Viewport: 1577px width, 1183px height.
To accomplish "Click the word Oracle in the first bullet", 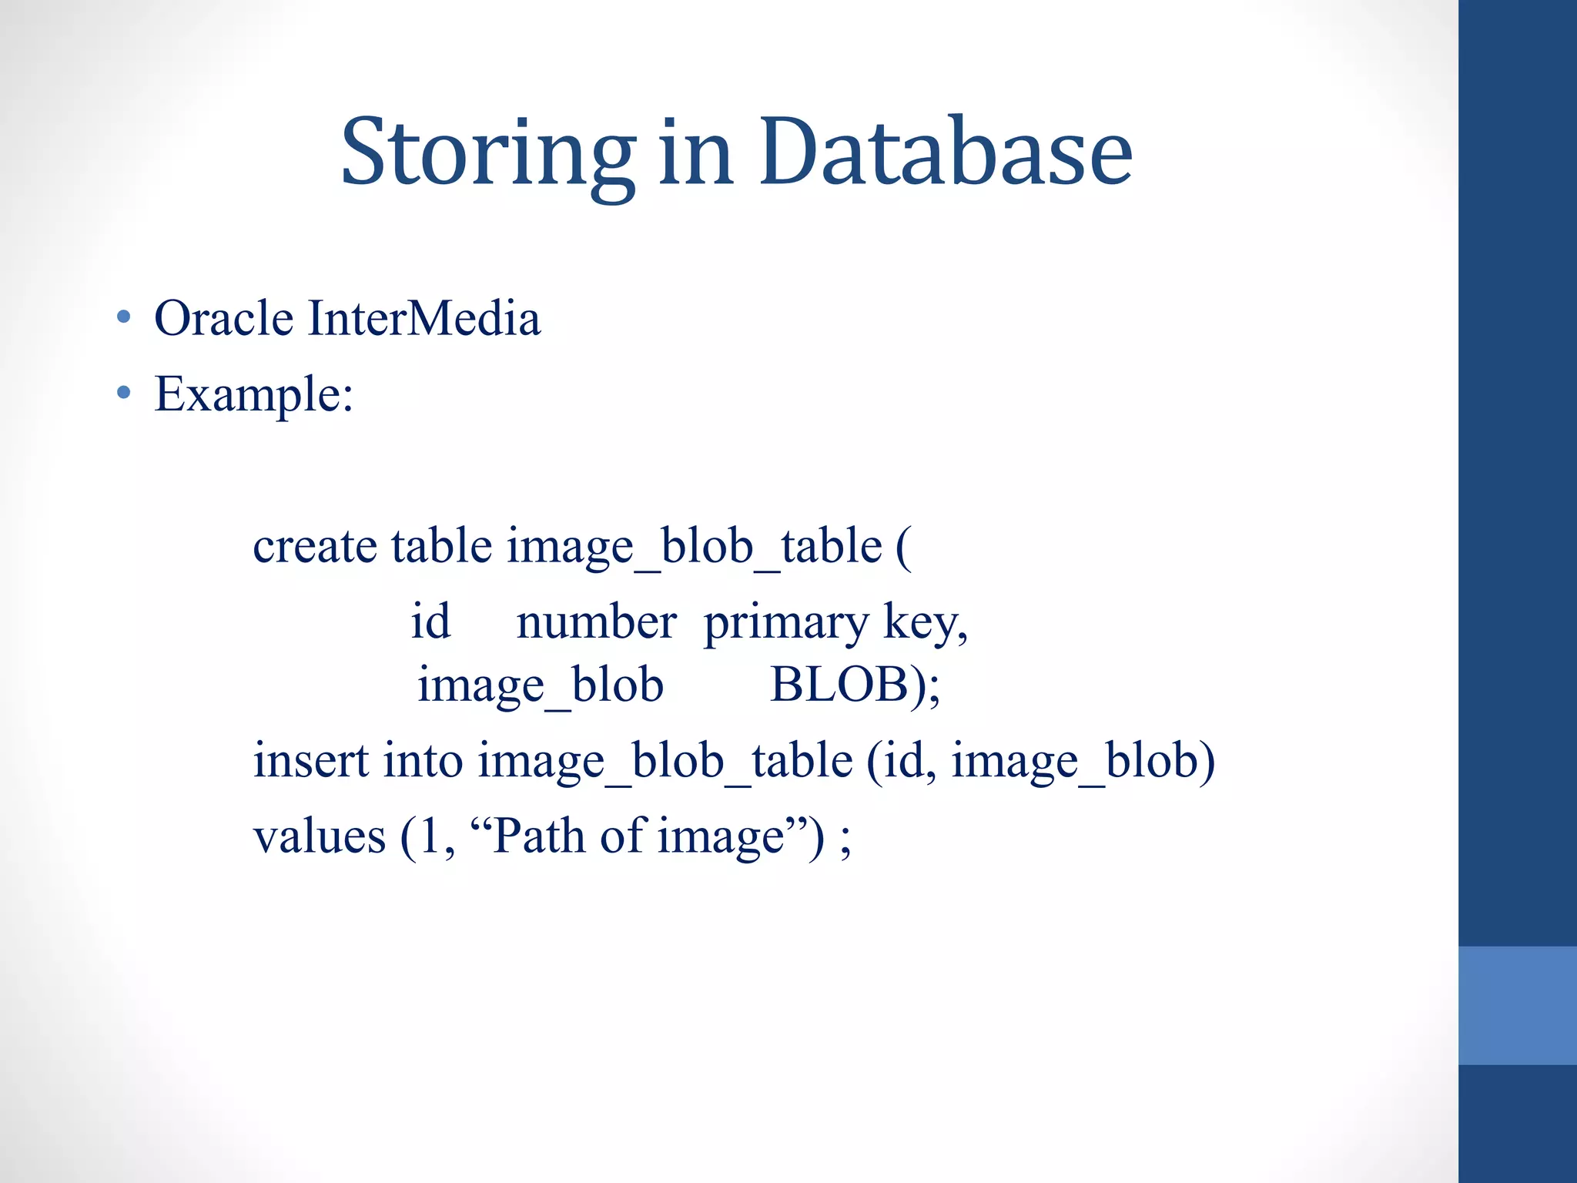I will tap(223, 318).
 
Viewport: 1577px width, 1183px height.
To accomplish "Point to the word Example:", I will tap(253, 395).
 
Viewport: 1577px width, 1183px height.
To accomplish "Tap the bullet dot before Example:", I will tap(123, 394).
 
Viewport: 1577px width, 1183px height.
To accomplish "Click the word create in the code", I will tap(315, 547).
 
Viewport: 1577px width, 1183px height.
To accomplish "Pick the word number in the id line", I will tap(596, 622).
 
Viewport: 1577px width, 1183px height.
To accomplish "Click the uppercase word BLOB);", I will tap(855, 685).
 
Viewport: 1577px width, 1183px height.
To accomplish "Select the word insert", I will tap(311, 761).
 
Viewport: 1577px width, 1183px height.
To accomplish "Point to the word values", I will tap(319, 837).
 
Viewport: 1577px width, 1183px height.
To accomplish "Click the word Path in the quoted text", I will tap(539, 836).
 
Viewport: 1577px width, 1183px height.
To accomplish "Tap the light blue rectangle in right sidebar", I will tap(1517, 1005).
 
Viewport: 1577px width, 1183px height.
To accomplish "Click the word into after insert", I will tap(423, 761).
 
